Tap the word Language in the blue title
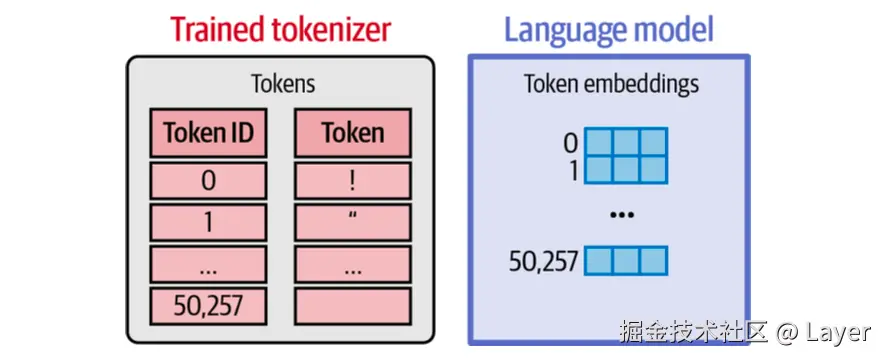tap(563, 28)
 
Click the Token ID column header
tap(208, 133)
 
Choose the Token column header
tap(352, 133)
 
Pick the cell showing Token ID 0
tap(208, 180)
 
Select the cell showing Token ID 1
tap(208, 222)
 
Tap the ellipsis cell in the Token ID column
tap(208, 264)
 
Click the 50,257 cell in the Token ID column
tap(208, 305)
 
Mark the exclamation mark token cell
tap(352, 180)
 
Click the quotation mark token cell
tap(352, 222)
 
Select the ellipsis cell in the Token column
tap(352, 264)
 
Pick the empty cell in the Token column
tap(352, 305)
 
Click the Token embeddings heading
tap(611, 84)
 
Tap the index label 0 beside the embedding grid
tap(571, 141)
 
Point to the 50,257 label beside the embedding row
tap(543, 262)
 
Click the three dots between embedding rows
tap(624, 214)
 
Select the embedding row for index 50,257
tap(625, 261)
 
